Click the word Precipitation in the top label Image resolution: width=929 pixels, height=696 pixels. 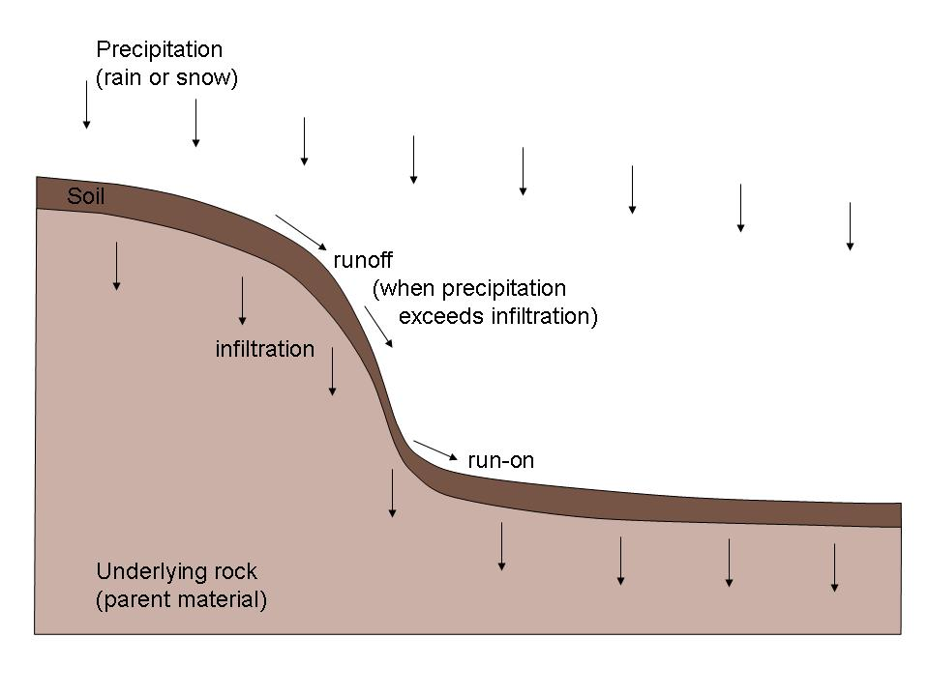pos(160,49)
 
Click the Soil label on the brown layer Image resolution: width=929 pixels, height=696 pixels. pos(86,196)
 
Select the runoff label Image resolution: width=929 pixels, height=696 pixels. pos(363,260)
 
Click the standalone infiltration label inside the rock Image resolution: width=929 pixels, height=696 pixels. pos(265,349)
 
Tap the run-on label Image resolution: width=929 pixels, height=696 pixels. pos(500,460)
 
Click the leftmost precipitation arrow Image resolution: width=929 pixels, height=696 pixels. pos(86,104)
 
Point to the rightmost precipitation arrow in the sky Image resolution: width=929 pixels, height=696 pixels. pos(851,226)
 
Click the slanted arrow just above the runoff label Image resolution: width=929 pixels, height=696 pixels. pos(301,233)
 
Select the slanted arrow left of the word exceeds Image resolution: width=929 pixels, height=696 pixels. pos(378,327)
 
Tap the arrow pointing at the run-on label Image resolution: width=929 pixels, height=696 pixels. pos(435,450)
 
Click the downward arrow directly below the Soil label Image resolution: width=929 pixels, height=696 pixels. pos(117,267)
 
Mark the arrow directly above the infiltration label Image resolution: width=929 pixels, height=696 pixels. pos(242,301)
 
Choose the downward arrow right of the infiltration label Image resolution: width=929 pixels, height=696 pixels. pos(332,371)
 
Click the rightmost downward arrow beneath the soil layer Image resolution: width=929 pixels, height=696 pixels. pos(835,567)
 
